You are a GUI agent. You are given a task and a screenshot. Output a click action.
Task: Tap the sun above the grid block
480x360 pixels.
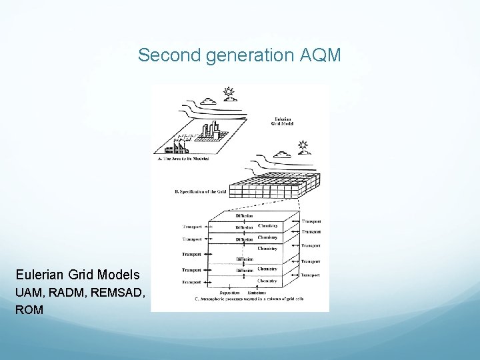pos(303,145)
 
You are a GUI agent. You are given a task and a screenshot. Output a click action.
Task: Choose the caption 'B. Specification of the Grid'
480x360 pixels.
pos(200,192)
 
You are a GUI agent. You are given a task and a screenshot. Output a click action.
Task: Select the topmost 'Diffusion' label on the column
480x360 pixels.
pos(244,215)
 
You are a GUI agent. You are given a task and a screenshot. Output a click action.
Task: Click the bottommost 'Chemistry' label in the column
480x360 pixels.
pos(267,281)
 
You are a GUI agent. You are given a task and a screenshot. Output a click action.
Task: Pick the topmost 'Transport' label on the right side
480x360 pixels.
pos(311,221)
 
